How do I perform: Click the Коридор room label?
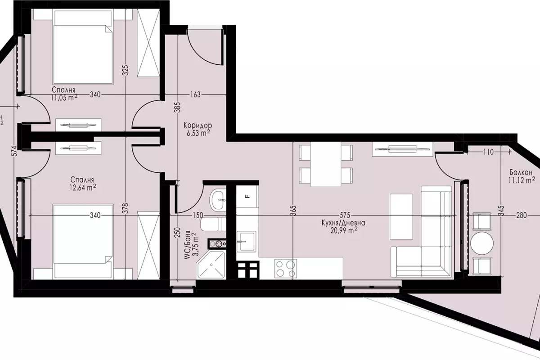coord(198,126)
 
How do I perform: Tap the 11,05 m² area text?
coord(64,97)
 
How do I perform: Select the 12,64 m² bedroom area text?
coord(83,187)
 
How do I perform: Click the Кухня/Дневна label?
coord(343,223)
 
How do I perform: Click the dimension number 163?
coord(195,94)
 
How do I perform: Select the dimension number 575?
coord(345,215)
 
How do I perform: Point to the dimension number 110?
coord(488,152)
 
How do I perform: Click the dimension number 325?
coord(125,70)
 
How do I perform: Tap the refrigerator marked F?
coord(247,196)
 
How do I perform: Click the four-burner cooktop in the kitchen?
coord(286,268)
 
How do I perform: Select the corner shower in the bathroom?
coord(211,265)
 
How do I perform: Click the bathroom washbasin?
coord(218,200)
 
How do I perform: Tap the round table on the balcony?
coord(482,243)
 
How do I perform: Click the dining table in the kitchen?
coord(326,164)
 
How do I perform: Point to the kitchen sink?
coord(247,241)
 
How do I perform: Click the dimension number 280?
coord(522,215)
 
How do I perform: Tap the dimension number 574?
coord(15,151)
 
